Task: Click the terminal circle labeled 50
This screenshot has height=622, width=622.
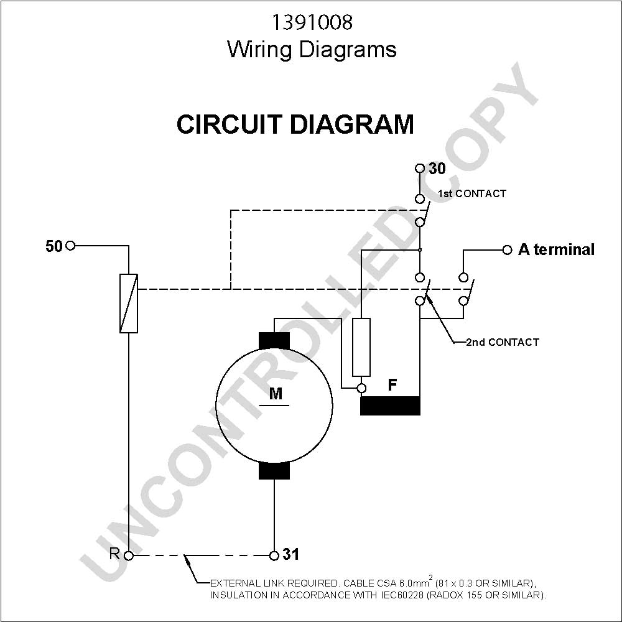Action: [70, 246]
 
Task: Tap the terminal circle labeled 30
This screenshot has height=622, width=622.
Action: [420, 168]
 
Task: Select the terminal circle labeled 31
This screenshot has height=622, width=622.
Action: [274, 555]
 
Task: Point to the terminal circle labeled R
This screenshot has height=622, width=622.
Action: [129, 555]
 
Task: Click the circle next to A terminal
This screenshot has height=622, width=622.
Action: [507, 250]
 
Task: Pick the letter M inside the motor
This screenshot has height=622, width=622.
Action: [276, 394]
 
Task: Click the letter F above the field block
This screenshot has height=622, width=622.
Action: [392, 384]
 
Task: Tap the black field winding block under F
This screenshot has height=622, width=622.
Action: [390, 406]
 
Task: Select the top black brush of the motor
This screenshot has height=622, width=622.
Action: [274, 341]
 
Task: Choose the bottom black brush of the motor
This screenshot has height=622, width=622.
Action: [274, 470]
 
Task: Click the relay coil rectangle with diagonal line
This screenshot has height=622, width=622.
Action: [129, 303]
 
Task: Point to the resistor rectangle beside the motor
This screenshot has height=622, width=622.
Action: [361, 347]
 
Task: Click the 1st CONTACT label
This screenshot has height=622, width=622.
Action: [472, 193]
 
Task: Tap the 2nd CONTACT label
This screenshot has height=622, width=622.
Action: [503, 342]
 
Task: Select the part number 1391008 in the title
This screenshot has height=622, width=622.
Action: [312, 22]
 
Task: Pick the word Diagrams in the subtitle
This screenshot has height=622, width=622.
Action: [347, 50]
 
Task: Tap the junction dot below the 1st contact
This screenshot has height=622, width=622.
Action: [420, 250]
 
